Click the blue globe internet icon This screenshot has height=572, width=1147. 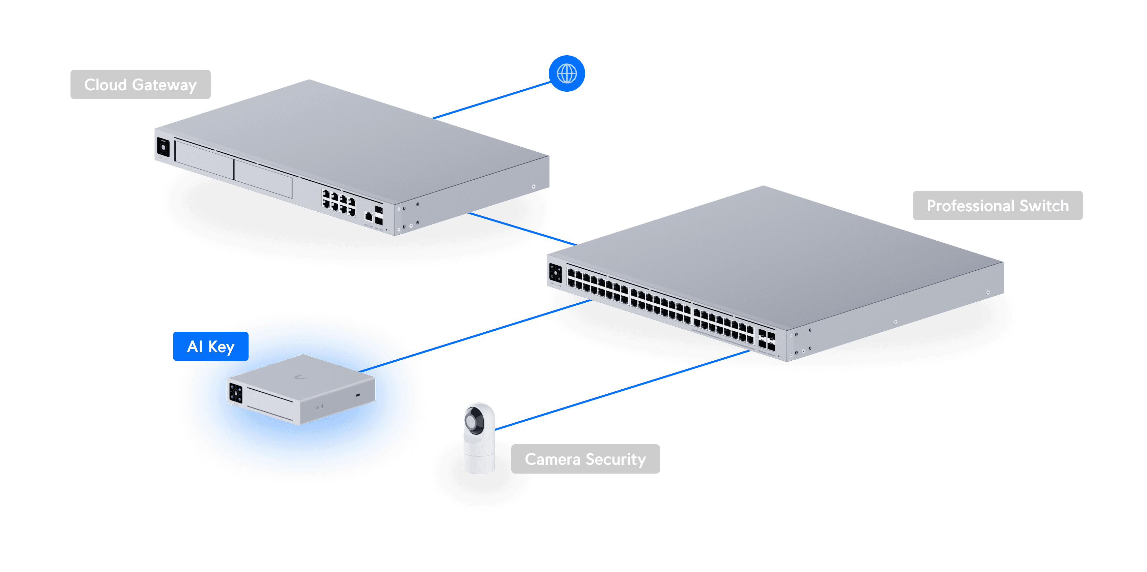566,73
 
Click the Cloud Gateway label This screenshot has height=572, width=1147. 140,85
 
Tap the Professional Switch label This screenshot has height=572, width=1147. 997,206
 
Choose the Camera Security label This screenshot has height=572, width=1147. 585,459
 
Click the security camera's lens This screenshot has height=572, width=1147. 472,421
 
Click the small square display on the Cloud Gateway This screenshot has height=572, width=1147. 163,147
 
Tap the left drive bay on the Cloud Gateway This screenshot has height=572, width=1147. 204,159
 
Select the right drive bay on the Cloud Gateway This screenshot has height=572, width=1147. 263,179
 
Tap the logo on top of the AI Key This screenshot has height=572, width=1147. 301,378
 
